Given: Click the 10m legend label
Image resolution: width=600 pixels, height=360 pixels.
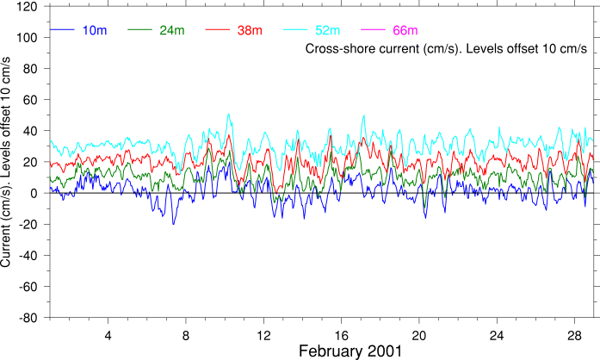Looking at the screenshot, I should click(95, 31).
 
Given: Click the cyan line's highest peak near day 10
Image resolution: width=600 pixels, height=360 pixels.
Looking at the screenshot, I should click(228, 115).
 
